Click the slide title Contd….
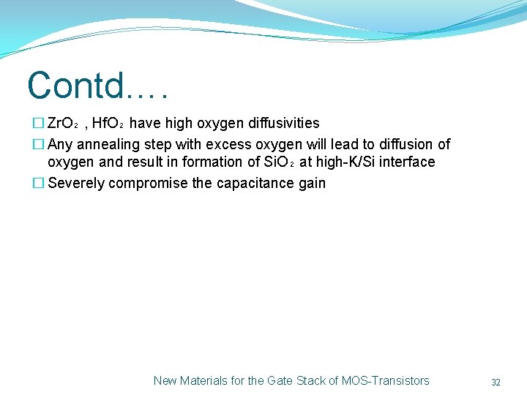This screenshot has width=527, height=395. pos(98,86)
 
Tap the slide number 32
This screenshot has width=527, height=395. pos(496,382)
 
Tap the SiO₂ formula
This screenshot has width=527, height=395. pos(278,162)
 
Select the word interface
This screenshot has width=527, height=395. pos(407,162)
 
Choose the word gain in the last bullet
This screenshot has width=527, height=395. pos(312,183)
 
